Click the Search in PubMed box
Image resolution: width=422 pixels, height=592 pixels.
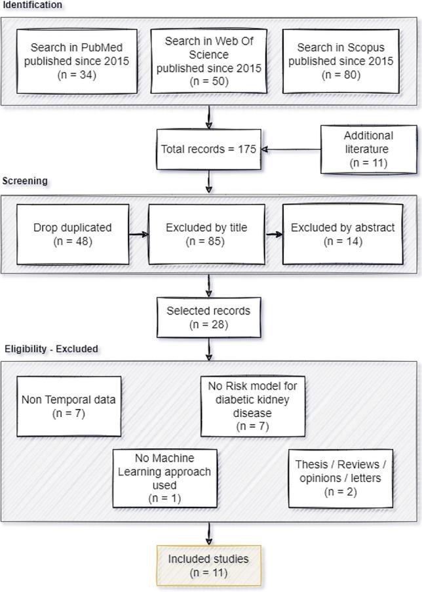pos(77,60)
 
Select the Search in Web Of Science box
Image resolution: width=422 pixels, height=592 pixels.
pos(208,60)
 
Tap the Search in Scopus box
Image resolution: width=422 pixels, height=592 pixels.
pos(341,60)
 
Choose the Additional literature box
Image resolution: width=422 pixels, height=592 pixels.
pos(368,149)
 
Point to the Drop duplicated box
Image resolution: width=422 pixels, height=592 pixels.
pos(73,235)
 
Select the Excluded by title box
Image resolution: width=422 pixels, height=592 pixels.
pos(206,235)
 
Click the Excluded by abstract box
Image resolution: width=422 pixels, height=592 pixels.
pos(343,235)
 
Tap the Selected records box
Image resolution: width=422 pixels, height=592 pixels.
pos(208,317)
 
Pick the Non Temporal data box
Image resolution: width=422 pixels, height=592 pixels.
pos(69,406)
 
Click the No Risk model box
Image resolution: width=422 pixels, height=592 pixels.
pos(252,406)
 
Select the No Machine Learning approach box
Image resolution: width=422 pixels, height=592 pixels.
pos(164,478)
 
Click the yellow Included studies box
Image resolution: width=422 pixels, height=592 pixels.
pos(208,566)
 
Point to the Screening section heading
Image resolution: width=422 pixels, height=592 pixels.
pos(25,181)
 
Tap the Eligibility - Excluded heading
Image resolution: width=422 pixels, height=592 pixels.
pos(51,349)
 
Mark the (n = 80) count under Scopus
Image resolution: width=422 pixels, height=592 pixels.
pos(341,74)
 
